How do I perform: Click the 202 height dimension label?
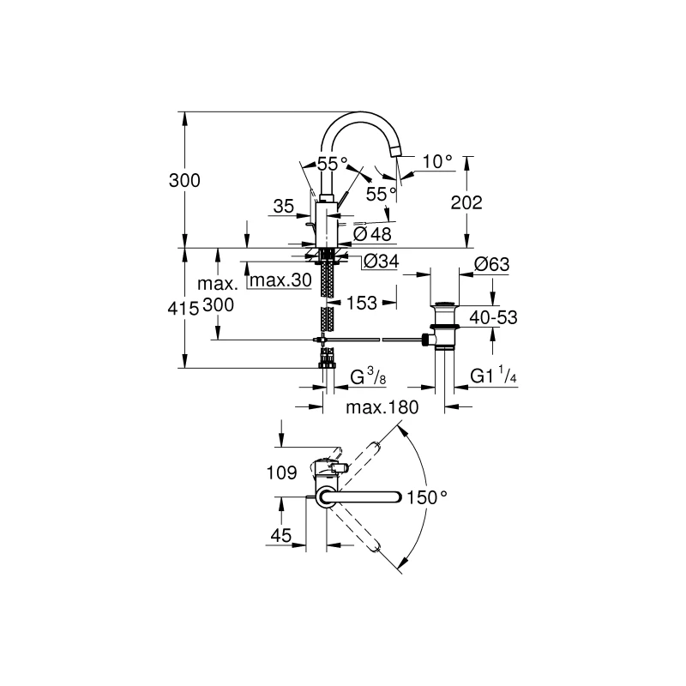466,202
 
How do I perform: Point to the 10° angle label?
437,162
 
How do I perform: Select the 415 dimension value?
184,309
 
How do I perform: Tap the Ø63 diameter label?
492,264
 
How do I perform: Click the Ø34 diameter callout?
382,262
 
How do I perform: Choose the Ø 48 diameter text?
372,234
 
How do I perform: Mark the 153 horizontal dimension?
361,303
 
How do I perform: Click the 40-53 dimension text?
494,317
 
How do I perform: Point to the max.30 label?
281,280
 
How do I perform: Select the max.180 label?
382,407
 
